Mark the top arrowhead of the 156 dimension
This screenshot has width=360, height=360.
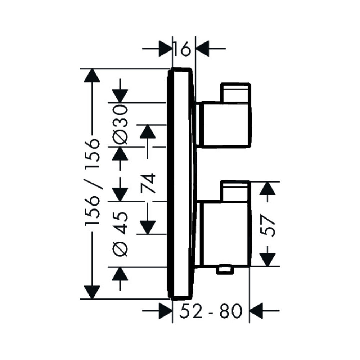click(92, 76)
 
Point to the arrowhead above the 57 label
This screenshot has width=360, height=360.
click(267, 189)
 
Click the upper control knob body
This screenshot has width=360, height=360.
click(225, 124)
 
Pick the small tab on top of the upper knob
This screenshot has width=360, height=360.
click(236, 92)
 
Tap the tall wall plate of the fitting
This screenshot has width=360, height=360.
click(182, 184)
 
